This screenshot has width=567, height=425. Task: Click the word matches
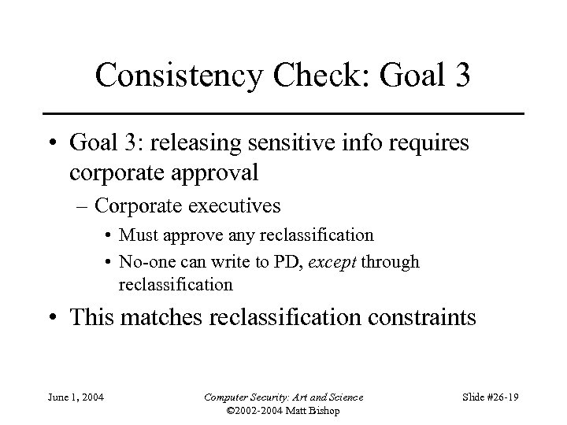coord(167,318)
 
